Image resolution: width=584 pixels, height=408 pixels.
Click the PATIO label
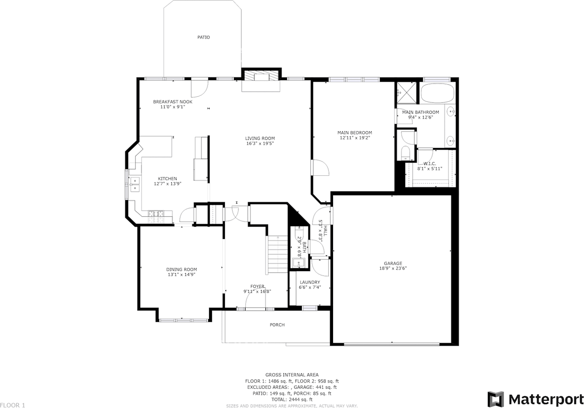click(x=203, y=37)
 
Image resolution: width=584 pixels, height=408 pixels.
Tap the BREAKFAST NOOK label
click(x=172, y=102)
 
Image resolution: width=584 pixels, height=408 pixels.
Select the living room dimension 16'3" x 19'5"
click(x=260, y=144)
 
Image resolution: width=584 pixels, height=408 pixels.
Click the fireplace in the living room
click(x=261, y=76)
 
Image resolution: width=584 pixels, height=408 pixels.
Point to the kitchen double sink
click(x=135, y=183)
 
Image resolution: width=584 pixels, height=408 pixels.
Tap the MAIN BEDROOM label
click(x=355, y=133)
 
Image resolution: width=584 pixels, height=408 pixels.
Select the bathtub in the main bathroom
click(x=437, y=94)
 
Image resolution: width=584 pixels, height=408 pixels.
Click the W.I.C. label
click(x=430, y=163)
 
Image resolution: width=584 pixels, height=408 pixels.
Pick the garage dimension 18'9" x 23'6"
click(x=392, y=268)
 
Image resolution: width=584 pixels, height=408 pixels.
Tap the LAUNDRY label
click(x=310, y=282)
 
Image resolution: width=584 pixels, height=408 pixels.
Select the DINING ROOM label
click(x=182, y=269)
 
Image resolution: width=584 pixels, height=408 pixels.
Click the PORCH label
click(x=277, y=325)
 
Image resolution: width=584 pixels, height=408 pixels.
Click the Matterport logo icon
click(x=495, y=399)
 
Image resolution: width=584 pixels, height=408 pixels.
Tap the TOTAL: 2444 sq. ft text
click(x=292, y=399)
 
